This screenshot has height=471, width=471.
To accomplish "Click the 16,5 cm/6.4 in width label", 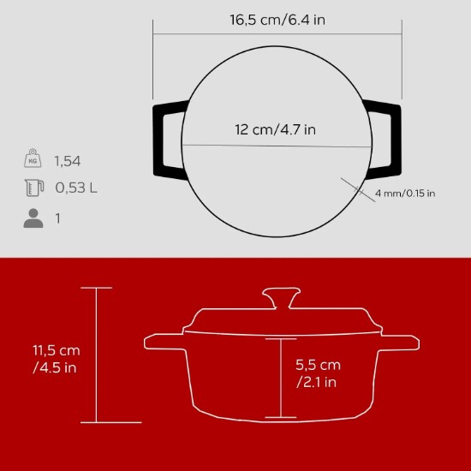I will (277, 21).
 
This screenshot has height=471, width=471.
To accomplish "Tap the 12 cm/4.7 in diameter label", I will (275, 130).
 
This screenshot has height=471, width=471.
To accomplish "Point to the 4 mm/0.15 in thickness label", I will (405, 194).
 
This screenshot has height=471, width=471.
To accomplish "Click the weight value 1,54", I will (68, 160).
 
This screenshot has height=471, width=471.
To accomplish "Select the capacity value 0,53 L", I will (75, 188).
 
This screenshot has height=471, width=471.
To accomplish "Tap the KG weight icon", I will (33, 159).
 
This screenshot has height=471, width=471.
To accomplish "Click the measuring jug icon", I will (33, 188).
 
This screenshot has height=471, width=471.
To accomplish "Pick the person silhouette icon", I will (33, 218).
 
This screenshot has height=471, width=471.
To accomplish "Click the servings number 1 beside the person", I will (57, 218).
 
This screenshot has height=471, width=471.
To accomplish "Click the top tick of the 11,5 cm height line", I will (96, 289).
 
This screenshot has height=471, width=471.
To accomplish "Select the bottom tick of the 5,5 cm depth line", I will (280, 417).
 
